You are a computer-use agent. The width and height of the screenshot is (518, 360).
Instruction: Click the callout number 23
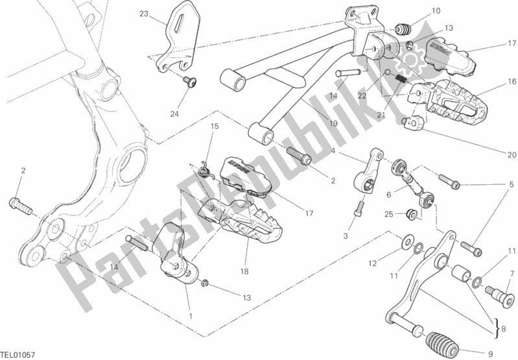tap(144, 14)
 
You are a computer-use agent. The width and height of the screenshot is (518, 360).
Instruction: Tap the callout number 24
tap(174, 115)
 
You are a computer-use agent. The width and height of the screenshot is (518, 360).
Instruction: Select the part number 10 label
tap(435, 10)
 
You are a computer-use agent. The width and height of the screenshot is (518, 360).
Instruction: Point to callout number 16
tap(512, 83)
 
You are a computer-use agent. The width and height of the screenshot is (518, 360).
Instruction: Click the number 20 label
tap(512, 154)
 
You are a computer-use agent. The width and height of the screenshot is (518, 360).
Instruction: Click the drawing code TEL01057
tap(17, 354)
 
